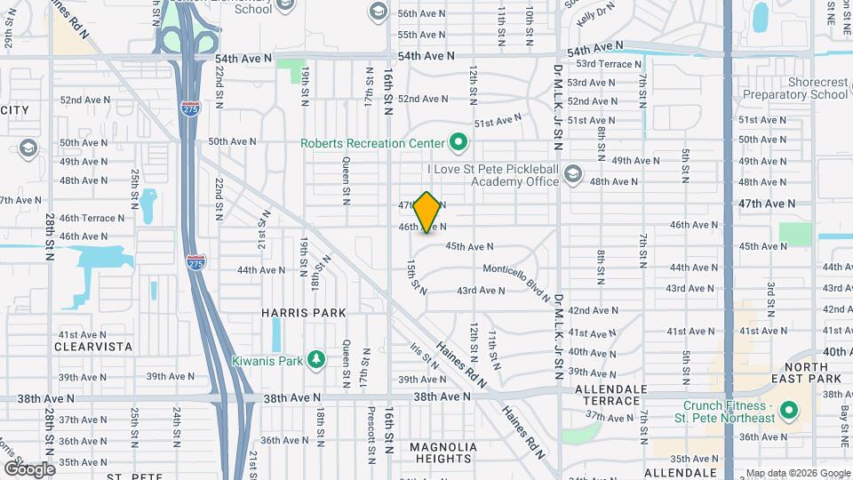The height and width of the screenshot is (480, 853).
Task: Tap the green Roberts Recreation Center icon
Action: coord(458,142)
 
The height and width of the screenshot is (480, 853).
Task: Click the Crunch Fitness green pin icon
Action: coord(787,411)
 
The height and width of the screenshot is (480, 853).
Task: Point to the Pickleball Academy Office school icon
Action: coord(573,173)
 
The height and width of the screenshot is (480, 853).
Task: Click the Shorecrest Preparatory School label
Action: coord(794,88)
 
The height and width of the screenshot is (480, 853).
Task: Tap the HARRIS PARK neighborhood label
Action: coord(303,313)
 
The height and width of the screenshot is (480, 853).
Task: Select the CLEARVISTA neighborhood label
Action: coord(94,346)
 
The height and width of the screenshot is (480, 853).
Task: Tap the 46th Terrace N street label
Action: coord(92,218)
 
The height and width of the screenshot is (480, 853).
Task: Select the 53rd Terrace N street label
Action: coord(609,64)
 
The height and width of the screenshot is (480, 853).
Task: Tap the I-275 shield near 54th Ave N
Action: coord(192,108)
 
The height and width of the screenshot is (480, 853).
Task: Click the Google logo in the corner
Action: coord(29,468)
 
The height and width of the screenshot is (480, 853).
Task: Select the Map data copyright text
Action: coord(797,473)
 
